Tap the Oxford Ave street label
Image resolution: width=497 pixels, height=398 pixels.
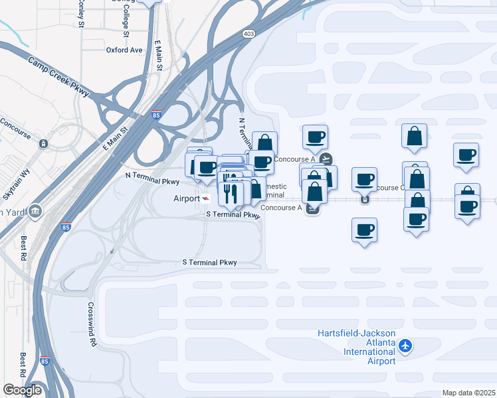tap(124, 50)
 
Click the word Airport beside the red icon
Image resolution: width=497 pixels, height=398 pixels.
tap(186, 198)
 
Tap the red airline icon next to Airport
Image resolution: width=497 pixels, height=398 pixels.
tap(205, 198)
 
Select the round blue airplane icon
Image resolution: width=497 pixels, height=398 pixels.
tap(407, 346)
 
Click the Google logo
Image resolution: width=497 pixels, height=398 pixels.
tap(22, 389)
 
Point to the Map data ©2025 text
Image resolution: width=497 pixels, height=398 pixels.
tap(468, 393)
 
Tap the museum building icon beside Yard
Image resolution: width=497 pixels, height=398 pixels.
tap(35, 211)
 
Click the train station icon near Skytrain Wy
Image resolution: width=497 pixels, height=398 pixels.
tap(44, 143)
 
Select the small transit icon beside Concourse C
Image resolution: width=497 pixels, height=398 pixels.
tap(364, 198)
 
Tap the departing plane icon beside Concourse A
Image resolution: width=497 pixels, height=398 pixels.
tap(326, 159)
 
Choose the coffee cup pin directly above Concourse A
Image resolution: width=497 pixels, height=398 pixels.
tap(315, 137)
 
